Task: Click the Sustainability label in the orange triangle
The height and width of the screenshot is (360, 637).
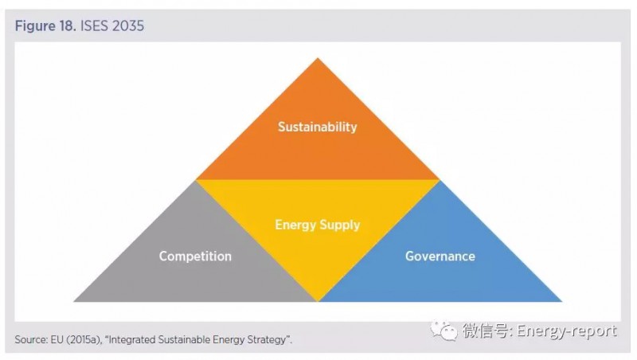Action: click(317, 127)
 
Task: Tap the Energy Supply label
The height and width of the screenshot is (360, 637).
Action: click(317, 225)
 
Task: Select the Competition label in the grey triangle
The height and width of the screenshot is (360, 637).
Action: click(195, 256)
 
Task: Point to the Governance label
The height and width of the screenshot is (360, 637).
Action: click(440, 256)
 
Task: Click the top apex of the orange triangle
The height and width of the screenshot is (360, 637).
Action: click(318, 58)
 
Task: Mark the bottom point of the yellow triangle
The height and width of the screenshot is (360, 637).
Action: click(318, 302)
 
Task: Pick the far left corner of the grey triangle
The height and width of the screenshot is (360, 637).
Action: click(73, 302)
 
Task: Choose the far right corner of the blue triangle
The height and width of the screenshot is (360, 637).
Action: click(562, 302)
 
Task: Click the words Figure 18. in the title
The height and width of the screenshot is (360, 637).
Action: click(45, 26)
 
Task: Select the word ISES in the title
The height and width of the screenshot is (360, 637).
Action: click(94, 26)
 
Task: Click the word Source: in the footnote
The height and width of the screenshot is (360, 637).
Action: click(31, 339)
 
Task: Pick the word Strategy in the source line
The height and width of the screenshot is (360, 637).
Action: click(272, 339)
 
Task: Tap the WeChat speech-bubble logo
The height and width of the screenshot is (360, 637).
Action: click(444, 331)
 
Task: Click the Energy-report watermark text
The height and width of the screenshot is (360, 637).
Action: click(567, 331)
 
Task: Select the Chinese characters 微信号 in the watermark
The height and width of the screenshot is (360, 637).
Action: click(485, 331)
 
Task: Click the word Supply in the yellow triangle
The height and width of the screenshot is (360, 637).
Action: click(340, 225)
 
